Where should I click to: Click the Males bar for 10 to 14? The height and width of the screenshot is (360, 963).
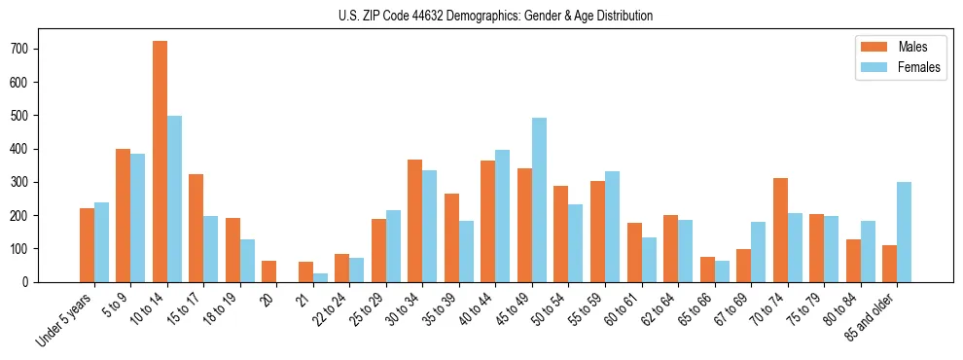pos(160,162)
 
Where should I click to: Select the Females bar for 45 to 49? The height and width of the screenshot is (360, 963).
pos(539,199)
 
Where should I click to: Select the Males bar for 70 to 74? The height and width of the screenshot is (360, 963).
pos(780,230)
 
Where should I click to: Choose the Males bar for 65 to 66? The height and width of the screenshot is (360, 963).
pos(707,270)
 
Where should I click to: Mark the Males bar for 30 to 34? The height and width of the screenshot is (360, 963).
pos(415,221)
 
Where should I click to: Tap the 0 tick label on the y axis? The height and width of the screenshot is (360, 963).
pos(32,282)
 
